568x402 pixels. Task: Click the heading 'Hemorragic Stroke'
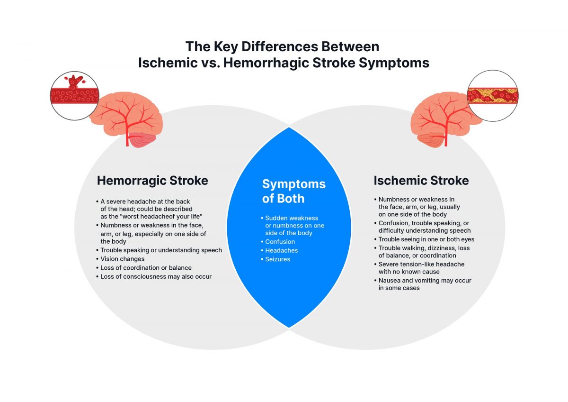click(152, 181)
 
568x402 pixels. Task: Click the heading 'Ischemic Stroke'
click(421, 181)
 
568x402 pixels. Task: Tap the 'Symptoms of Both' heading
click(293, 191)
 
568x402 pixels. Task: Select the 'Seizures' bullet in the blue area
click(277, 259)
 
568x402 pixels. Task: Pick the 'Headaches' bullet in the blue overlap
click(281, 250)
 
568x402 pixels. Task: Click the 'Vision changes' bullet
click(122, 259)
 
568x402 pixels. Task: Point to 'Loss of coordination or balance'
click(146, 268)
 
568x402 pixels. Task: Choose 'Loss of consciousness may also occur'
click(156, 276)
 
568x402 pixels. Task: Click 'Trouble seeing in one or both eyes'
click(426, 239)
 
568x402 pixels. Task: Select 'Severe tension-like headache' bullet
click(421, 264)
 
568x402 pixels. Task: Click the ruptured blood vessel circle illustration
click(74, 96)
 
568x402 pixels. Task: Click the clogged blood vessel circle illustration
click(492, 96)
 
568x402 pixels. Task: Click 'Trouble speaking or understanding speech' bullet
click(161, 250)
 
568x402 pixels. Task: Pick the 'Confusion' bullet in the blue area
click(280, 242)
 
